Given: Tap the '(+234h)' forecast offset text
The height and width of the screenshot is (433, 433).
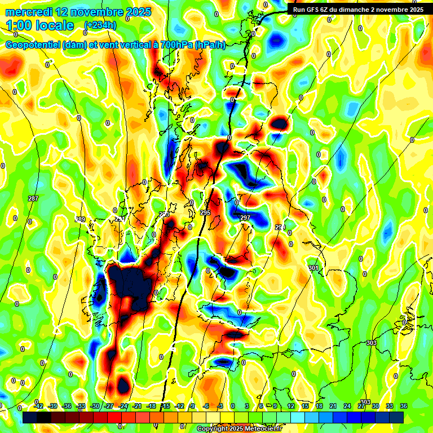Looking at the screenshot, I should click(101, 25).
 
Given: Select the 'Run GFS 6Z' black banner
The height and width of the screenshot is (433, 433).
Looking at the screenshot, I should click(358, 9).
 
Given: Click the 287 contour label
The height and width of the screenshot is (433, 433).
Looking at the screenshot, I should click(33, 198).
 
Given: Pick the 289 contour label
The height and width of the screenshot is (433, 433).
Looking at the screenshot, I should click(80, 219).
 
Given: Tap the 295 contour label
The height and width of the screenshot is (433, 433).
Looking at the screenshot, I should click(205, 213).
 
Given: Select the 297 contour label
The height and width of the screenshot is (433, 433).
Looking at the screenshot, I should click(245, 218).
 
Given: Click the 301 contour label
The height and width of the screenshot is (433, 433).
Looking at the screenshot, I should click(313, 267).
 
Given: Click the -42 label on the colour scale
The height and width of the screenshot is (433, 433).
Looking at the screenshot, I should click(39, 406).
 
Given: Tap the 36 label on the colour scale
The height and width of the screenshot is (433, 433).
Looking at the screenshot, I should click(404, 406).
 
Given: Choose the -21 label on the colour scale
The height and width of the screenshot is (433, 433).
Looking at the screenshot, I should click(137, 406).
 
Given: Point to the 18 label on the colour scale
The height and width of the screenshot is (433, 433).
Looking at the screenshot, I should click(319, 406).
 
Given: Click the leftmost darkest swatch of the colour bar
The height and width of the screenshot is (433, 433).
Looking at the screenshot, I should click(30, 417).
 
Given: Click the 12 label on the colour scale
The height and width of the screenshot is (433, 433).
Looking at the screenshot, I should click(291, 406).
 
